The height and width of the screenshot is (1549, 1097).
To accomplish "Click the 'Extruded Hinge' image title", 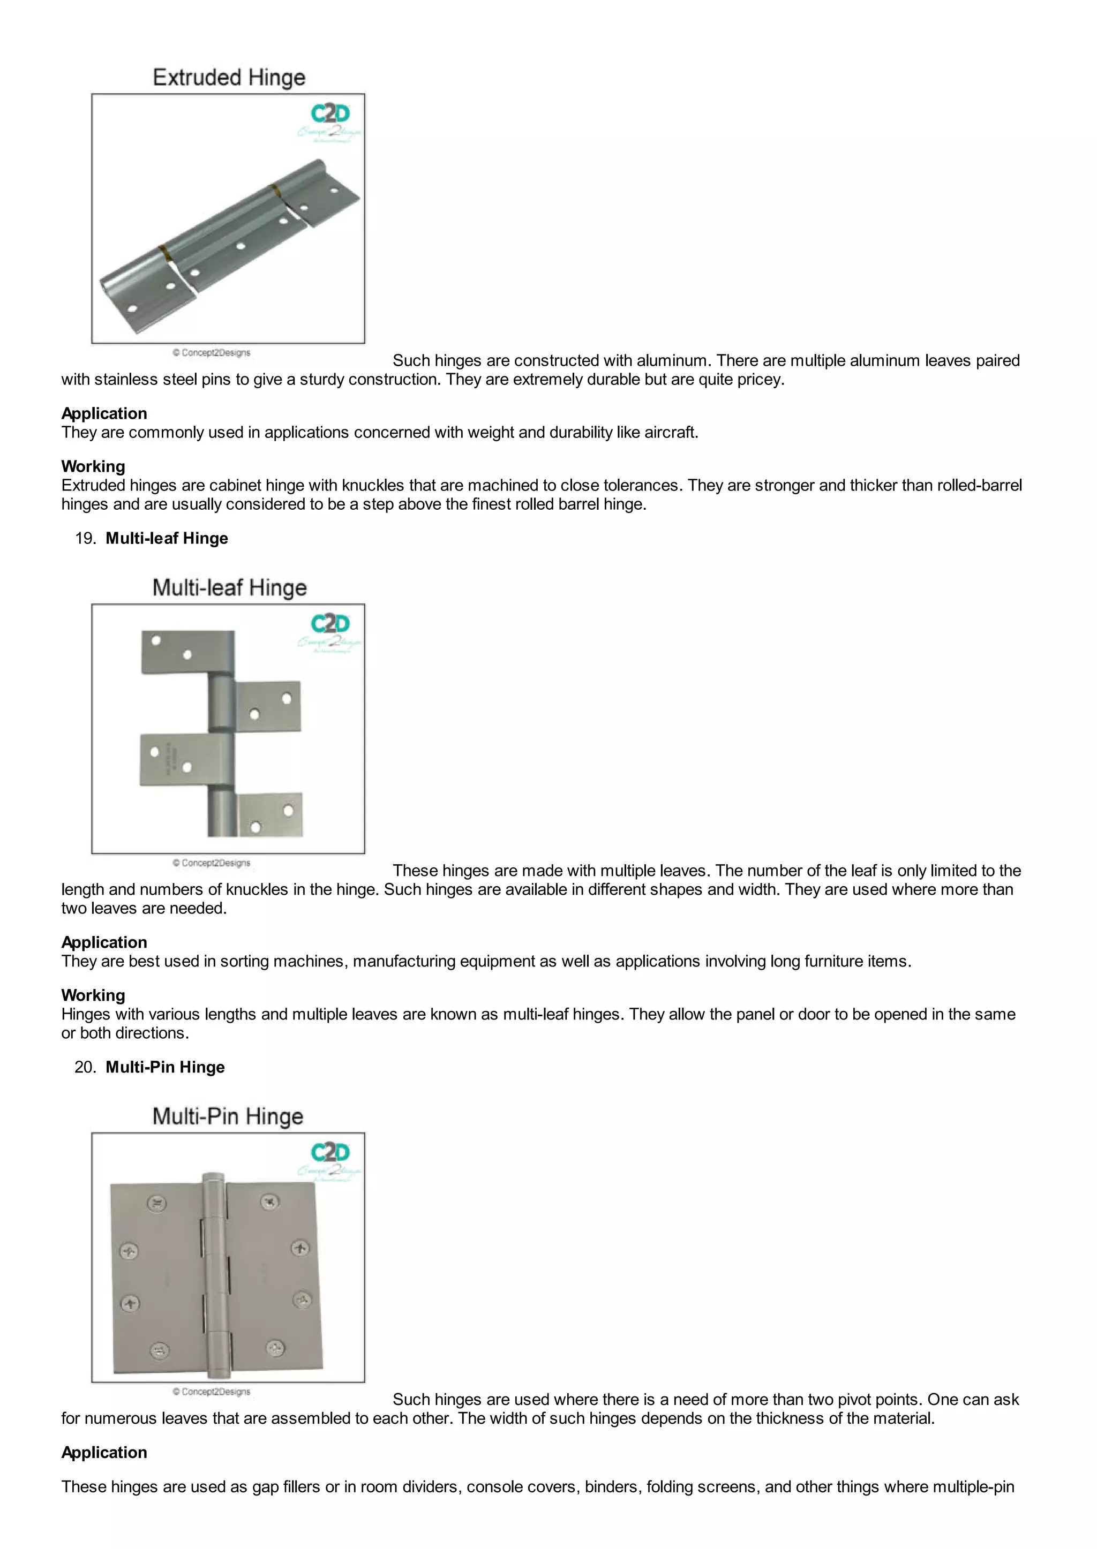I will click(229, 78).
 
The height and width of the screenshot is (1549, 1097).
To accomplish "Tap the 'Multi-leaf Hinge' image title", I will click(229, 587).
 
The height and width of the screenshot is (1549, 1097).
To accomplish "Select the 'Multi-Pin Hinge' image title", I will click(228, 1116).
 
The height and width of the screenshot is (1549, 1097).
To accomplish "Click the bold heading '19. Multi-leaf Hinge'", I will click(166, 538).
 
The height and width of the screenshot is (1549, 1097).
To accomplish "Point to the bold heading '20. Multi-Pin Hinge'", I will click(165, 1067).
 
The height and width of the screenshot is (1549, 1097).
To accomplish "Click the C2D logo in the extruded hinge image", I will click(329, 114).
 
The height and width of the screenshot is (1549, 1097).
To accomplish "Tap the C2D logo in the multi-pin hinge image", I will click(329, 1152).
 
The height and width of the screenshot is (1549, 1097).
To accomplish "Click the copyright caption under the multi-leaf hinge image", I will click(212, 863).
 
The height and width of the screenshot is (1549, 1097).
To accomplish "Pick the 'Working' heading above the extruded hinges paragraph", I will click(93, 466).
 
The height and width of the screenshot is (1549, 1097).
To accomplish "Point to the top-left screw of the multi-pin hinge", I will click(157, 1203).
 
